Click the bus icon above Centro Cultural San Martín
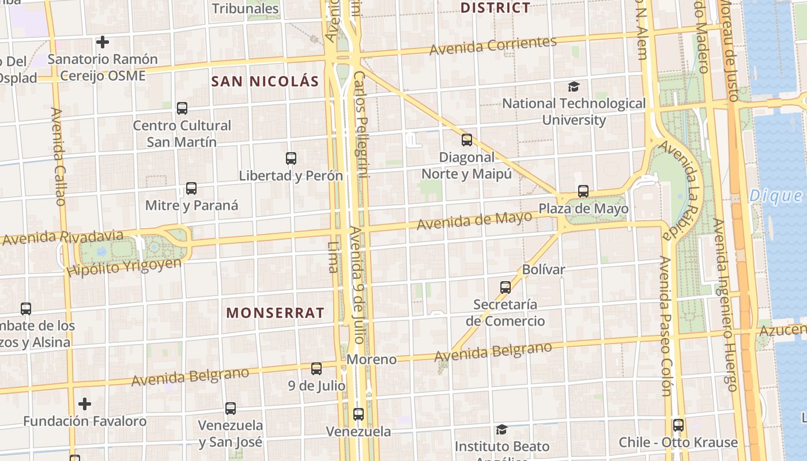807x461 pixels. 182,108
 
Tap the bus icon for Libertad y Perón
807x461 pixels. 291,158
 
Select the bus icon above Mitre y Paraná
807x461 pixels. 191,188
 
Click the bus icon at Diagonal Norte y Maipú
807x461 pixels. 467,139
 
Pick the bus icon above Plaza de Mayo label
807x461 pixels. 583,191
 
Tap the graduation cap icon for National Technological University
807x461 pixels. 574,86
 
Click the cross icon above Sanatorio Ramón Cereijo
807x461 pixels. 103,42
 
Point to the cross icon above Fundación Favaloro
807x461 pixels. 85,403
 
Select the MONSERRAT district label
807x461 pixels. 275,313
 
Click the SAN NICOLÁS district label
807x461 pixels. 265,81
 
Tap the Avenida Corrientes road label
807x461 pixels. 493,46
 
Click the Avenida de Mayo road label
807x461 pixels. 474,220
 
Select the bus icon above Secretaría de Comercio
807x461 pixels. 506,287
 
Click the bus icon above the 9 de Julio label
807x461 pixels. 316,368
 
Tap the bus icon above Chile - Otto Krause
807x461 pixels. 678,425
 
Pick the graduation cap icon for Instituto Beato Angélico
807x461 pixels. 501,429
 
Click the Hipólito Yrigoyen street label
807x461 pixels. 124,267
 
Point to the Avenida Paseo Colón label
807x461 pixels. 666,326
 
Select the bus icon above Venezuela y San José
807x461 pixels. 231,408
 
